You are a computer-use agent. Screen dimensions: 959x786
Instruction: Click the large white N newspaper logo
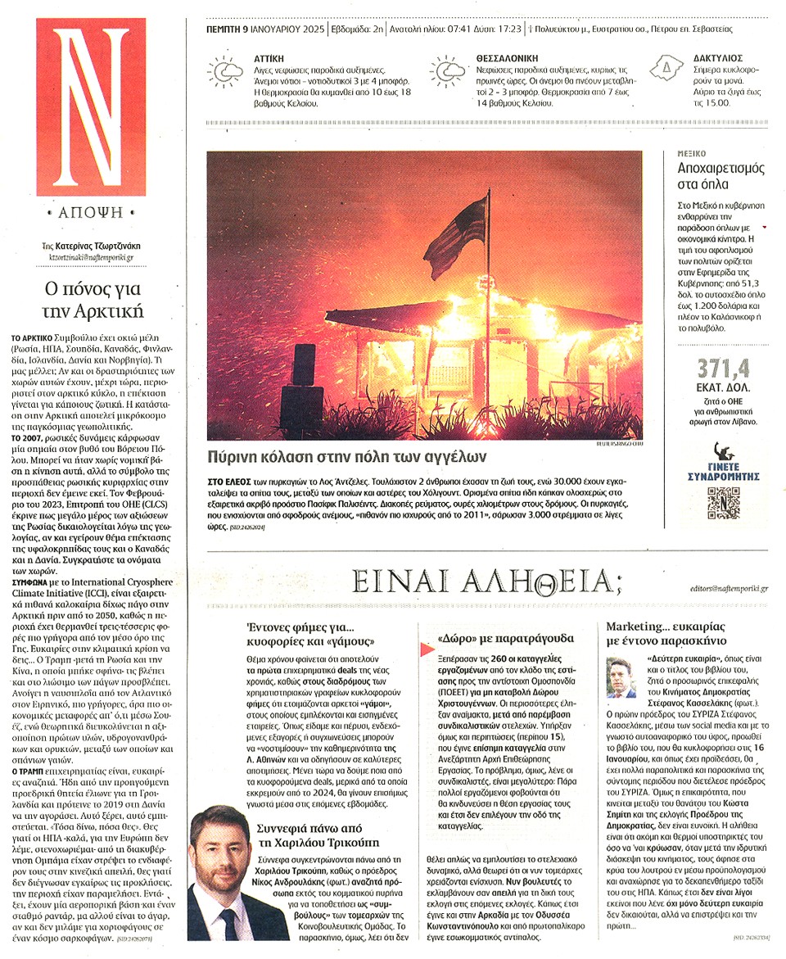point(91,106)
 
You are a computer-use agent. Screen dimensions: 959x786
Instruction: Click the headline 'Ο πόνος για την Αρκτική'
point(92,300)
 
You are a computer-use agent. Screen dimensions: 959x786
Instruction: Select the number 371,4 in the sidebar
point(720,369)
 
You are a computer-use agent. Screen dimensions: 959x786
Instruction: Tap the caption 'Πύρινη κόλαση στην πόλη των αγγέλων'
point(347,456)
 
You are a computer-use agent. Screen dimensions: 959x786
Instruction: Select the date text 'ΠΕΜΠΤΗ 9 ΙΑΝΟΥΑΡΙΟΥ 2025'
point(260,29)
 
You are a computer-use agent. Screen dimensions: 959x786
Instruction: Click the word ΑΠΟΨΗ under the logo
point(91,211)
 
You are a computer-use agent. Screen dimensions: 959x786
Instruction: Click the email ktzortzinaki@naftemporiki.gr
point(91,256)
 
